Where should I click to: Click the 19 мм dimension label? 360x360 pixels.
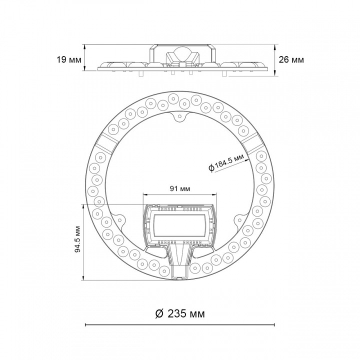69,60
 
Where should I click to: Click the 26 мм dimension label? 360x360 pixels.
291,59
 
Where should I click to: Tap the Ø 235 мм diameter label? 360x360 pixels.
180,313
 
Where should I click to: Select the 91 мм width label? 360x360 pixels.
180,188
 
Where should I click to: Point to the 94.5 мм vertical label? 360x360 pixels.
78,239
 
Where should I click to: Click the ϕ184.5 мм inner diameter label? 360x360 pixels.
226,162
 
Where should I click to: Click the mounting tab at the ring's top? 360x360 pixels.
180,116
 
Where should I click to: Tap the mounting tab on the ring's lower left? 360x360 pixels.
119,220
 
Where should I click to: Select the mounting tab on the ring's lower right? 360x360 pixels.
240,220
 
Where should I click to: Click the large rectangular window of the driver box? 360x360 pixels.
179,225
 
